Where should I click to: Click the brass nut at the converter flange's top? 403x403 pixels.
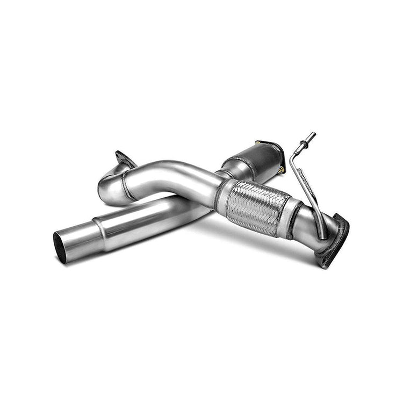[260, 143]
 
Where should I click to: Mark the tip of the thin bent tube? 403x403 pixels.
[313, 134]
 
